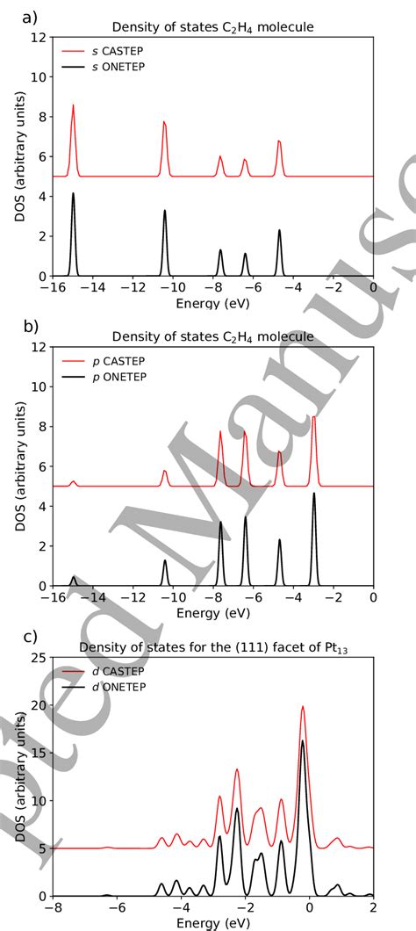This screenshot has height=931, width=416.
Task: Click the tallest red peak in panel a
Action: point(73,105)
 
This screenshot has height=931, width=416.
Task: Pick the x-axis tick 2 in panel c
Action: point(374,908)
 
